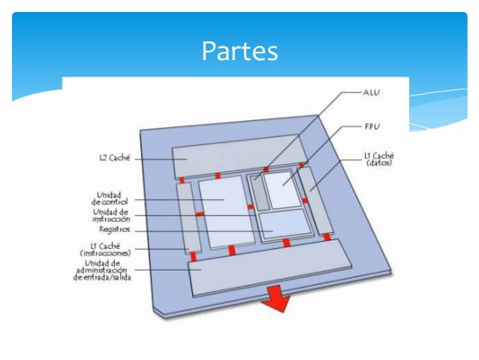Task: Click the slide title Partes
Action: [239, 51]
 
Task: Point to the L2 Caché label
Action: [116, 159]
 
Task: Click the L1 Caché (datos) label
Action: [378, 159]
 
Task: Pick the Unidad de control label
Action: [110, 198]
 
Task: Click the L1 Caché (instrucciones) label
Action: [107, 249]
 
